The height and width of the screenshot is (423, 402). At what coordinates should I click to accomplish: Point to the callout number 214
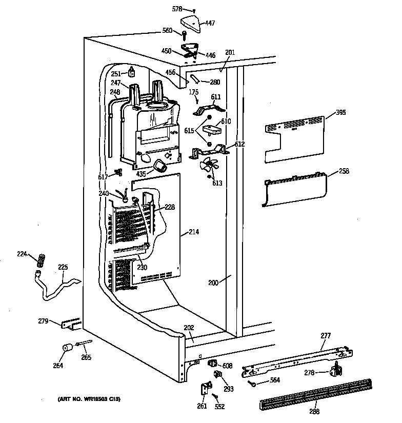pyautogui.click(x=193, y=232)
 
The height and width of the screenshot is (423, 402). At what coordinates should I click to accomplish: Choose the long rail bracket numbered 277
pyautogui.click(x=297, y=361)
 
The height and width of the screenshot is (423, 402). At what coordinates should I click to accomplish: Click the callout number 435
pyautogui.click(x=142, y=173)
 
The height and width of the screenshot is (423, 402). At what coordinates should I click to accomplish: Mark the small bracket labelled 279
pyautogui.click(x=70, y=324)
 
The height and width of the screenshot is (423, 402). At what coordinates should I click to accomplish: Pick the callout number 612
pyautogui.click(x=239, y=145)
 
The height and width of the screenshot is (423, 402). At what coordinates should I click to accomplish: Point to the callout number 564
pyautogui.click(x=275, y=380)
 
